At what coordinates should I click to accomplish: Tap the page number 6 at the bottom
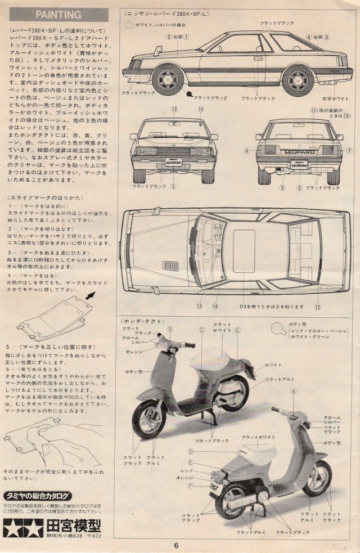coord(176,544)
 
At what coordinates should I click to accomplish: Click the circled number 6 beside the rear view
coord(246,150)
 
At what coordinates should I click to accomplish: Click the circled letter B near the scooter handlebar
coord(170,329)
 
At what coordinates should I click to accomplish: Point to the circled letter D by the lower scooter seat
coord(191,451)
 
